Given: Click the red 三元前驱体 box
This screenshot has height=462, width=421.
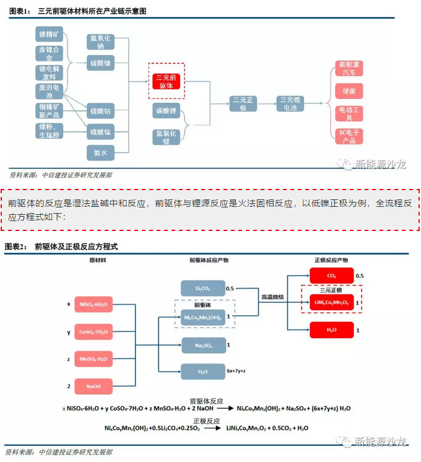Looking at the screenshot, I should click(167, 81).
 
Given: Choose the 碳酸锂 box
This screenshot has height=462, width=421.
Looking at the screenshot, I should click(167, 111).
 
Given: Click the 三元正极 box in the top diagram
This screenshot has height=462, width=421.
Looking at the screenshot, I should click(243, 103).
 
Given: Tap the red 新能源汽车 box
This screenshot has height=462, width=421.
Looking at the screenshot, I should click(349, 68).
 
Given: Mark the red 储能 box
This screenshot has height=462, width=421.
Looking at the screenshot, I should click(349, 91).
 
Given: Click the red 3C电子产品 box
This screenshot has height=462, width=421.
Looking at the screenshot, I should click(349, 136).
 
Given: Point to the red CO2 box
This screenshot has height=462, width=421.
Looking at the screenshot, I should click(331, 275).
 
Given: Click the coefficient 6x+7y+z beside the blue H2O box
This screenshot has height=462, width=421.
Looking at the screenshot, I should click(238, 370).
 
